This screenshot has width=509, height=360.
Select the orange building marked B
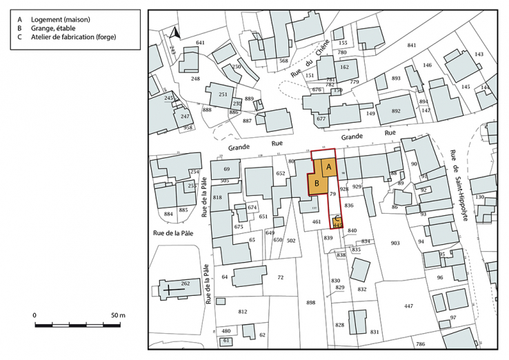point(316,184)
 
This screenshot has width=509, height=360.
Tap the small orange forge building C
point(337,221)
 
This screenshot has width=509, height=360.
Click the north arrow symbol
point(174,32)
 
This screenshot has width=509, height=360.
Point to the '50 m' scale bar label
point(117,315)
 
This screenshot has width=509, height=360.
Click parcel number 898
point(310,303)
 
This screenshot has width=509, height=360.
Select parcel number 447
point(408,306)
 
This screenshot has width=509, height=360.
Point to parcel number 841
point(412,46)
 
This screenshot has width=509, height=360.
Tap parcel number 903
point(395,243)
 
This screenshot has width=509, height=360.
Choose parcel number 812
point(242,312)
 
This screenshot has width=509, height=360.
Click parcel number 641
point(200,43)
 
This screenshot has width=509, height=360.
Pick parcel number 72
point(280,277)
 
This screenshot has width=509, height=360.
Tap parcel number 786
point(420,343)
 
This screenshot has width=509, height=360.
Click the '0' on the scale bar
point(35,315)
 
